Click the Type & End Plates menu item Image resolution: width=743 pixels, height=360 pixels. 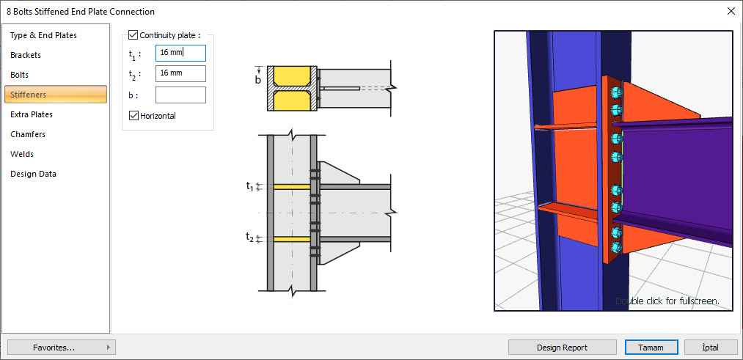tap(43, 35)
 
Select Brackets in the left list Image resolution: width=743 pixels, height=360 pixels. tap(26, 55)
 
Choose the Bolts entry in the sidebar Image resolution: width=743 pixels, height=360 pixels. tap(20, 75)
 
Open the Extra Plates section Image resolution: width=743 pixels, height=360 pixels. tap(32, 114)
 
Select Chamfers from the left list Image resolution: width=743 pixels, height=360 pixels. tap(28, 134)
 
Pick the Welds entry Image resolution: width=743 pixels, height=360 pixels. tap(22, 154)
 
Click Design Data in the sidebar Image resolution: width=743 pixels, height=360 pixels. tap(33, 174)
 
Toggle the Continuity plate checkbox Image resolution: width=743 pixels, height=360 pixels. tap(133, 34)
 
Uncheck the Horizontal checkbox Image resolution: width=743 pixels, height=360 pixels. tap(133, 115)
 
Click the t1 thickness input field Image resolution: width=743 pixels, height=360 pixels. tap(180, 53)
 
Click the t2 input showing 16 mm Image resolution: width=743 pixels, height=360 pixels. tap(180, 73)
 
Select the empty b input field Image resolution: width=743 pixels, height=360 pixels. tap(180, 95)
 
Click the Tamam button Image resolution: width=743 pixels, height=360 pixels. tap(651, 348)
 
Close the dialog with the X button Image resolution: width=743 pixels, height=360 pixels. tap(731, 11)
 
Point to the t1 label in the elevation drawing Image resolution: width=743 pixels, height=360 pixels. tap(249, 186)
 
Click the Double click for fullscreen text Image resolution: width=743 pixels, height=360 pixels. tap(667, 301)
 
